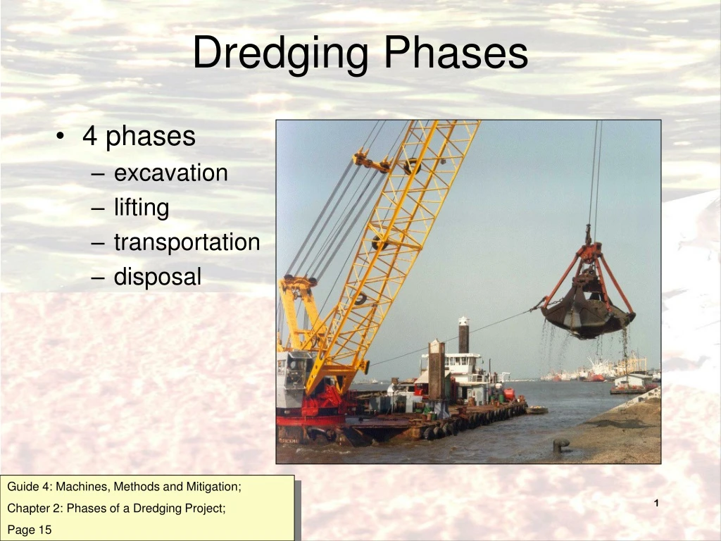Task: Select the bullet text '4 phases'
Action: (139, 136)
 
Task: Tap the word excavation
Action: (171, 173)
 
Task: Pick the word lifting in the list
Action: (142, 208)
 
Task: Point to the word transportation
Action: (187, 242)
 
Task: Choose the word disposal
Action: (158, 277)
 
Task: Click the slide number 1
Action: (656, 503)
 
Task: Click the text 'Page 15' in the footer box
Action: (30, 530)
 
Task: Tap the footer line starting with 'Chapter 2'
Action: (116, 508)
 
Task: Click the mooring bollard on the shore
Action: (561, 445)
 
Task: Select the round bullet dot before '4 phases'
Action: (63, 137)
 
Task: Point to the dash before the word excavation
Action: (99, 174)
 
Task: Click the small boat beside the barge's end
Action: (537, 409)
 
